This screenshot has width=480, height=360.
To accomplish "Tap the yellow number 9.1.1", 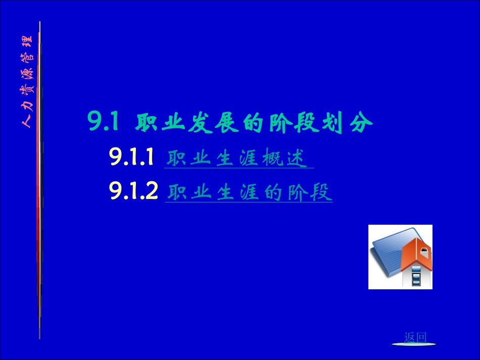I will [x=131, y=159].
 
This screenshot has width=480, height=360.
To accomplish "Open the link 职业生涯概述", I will [x=237, y=159].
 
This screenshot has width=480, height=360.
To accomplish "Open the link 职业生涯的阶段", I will [x=249, y=192].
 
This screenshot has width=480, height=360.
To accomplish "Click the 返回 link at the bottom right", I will [x=415, y=337].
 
